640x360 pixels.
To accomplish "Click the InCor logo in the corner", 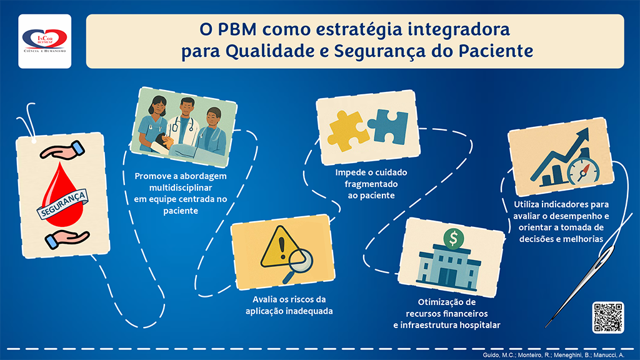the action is (45, 41).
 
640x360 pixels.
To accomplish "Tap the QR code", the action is (608, 317).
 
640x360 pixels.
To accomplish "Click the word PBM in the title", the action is (237, 29).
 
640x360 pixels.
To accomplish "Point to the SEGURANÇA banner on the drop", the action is (62, 204).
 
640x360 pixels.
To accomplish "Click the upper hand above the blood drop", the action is (62, 150).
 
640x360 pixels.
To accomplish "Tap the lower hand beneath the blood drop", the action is (66, 239).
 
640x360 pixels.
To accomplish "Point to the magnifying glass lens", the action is (301, 261).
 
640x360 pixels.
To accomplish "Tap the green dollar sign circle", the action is (453, 238).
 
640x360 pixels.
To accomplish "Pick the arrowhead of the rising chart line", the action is (582, 136).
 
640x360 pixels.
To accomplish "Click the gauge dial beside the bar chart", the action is (582, 170).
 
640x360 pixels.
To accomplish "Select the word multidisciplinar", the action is (181, 187).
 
